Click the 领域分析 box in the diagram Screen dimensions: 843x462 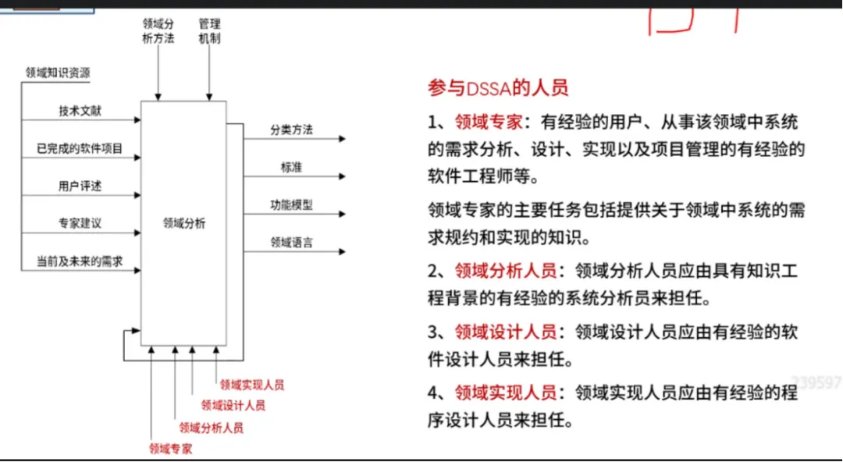(x=184, y=223)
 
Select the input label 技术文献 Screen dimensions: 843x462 (x=80, y=111)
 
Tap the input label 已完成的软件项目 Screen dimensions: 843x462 (x=80, y=148)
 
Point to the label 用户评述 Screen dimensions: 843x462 (x=80, y=186)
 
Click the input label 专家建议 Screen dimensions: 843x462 (x=80, y=223)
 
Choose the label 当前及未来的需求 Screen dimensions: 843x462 (x=80, y=261)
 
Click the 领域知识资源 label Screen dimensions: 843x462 (x=58, y=73)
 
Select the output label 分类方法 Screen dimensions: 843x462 (x=291, y=130)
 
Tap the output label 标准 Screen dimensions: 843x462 (x=291, y=167)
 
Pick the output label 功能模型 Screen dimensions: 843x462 (x=291, y=205)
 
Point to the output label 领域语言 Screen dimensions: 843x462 (x=291, y=243)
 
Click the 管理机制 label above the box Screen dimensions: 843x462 (x=209, y=31)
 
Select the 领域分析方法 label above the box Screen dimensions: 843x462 (x=158, y=31)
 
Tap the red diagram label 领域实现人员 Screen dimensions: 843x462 (x=251, y=385)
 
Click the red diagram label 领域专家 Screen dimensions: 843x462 (x=171, y=449)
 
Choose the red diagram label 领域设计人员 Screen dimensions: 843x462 (x=233, y=406)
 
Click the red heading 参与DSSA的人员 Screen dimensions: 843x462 (x=498, y=87)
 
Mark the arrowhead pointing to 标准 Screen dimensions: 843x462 (x=342, y=176)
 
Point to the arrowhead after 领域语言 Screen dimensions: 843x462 (x=342, y=252)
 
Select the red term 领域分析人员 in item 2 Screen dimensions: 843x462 (x=506, y=271)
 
